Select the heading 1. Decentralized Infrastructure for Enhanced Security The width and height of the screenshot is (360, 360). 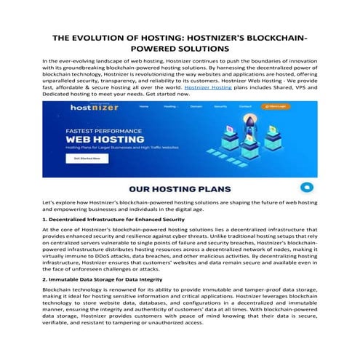114,218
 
